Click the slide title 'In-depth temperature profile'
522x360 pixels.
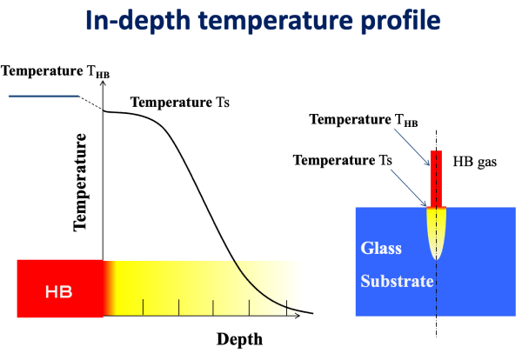(263, 21)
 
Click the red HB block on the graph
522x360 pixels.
(60, 289)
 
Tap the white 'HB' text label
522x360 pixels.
(58, 292)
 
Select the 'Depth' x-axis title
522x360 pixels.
(239, 339)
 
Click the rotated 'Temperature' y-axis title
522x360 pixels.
(80, 182)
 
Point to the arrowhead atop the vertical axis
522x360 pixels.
(103, 83)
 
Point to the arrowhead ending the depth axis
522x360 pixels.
(298, 315)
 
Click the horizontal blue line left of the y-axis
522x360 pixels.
(43, 97)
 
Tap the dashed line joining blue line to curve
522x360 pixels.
(90, 103)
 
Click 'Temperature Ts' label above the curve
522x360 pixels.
(180, 102)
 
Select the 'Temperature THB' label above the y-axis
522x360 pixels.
(56, 71)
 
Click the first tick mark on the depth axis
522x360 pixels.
(144, 307)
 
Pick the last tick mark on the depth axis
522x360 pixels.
(286, 308)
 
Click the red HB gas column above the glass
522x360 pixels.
(436, 178)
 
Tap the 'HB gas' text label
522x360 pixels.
(475, 162)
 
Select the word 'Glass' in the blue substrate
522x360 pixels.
(381, 248)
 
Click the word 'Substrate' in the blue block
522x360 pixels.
(397, 281)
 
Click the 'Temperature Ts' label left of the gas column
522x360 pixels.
(343, 160)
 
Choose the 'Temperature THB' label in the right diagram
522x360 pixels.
(364, 120)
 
